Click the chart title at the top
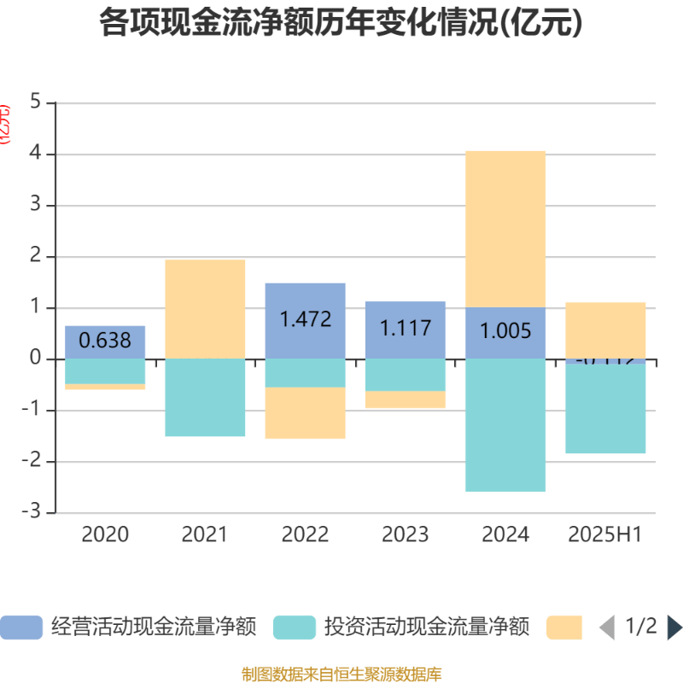click(x=341, y=23)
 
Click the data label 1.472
click(x=305, y=319)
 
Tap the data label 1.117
click(x=405, y=327)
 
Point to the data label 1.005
click(x=505, y=331)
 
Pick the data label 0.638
click(x=105, y=341)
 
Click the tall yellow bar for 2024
click(x=505, y=228)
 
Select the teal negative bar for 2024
click(x=505, y=425)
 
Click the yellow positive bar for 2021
click(x=205, y=309)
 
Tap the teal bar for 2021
click(x=205, y=398)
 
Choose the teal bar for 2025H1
click(x=605, y=409)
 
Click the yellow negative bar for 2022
click(x=305, y=413)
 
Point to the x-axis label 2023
click(x=405, y=534)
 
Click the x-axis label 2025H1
click(x=605, y=534)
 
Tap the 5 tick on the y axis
click(x=36, y=102)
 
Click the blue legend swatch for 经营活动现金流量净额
click(x=20, y=628)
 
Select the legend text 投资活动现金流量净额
click(x=427, y=628)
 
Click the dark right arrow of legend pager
click(x=674, y=628)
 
